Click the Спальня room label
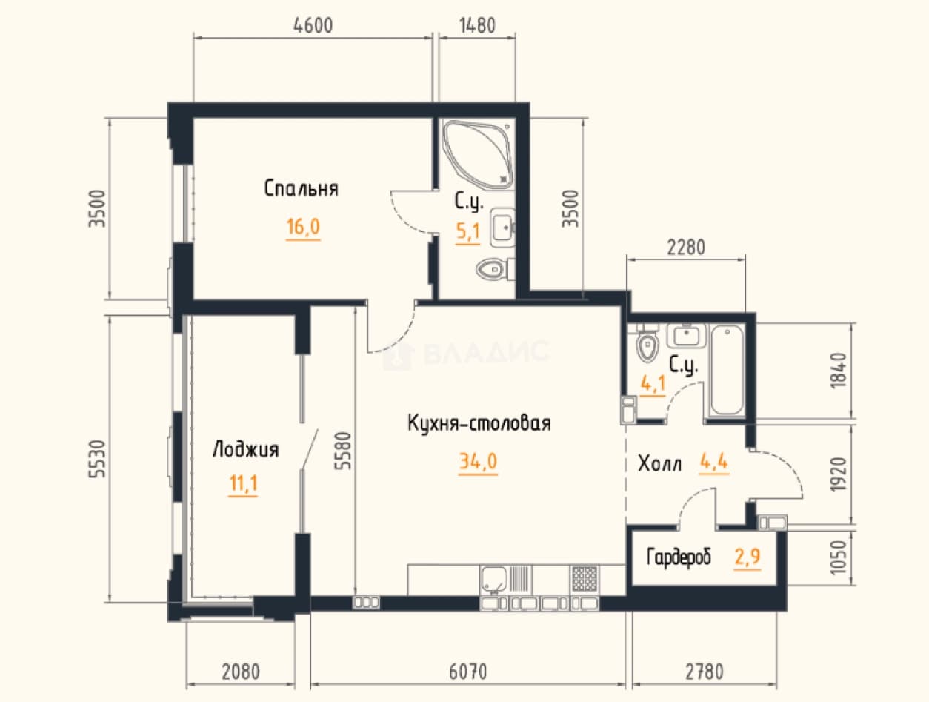(301, 189)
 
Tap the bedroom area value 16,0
(303, 227)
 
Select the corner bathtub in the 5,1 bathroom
(477, 154)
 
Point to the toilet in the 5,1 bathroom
(494, 269)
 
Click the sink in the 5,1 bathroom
(502, 228)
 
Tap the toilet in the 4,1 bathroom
(647, 344)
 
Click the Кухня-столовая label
(479, 423)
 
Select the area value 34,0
(479, 461)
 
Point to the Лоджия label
(245, 449)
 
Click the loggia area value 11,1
(243, 483)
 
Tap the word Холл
(659, 463)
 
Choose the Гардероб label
(679, 557)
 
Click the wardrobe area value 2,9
(747, 557)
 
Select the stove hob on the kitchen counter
(585, 579)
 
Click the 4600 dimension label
(313, 25)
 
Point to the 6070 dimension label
(467, 672)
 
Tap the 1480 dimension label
(477, 25)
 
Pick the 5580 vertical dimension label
(343, 451)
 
